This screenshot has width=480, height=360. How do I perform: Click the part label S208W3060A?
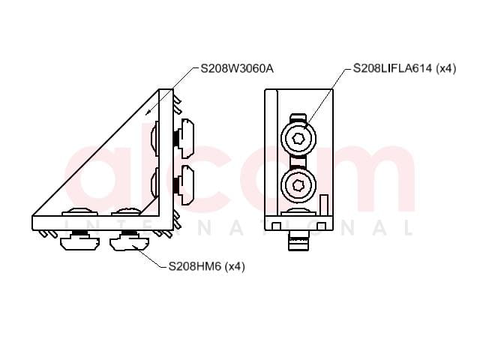pyautogui.click(x=237, y=68)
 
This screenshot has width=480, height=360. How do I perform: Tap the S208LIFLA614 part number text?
pyautogui.click(x=392, y=68)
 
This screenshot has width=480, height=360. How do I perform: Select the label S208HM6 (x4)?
pyautogui.click(x=207, y=267)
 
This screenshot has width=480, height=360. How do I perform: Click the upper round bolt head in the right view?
pyautogui.click(x=298, y=139)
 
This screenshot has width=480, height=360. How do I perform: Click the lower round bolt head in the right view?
pyautogui.click(x=298, y=185)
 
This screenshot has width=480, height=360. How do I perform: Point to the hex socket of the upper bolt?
pyautogui.click(x=298, y=139)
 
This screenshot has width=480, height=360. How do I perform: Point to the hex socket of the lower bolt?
pyautogui.click(x=298, y=185)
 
